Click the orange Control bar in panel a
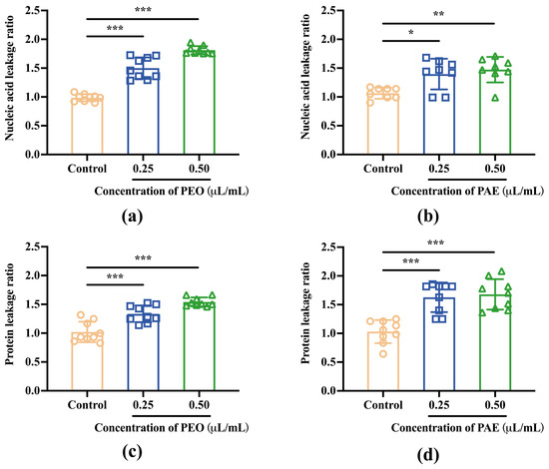86,126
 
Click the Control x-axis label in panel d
360,406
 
